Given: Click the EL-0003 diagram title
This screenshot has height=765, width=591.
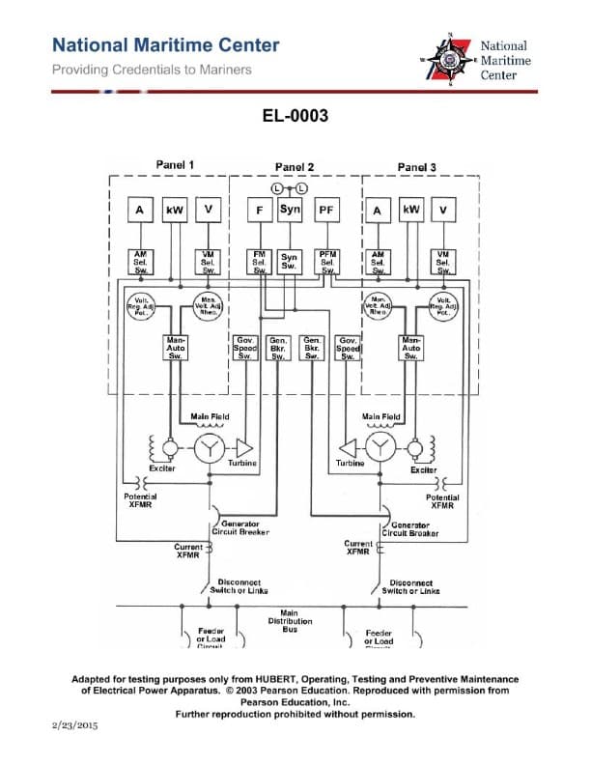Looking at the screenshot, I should [x=295, y=117].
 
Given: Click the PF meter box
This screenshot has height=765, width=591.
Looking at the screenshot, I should [x=325, y=210].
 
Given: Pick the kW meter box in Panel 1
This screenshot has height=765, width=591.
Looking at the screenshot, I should [x=175, y=210].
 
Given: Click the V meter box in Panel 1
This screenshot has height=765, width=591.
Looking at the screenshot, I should [x=208, y=210].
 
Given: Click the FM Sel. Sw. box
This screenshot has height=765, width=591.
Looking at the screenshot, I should [x=260, y=262].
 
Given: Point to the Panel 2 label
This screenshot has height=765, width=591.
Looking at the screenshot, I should [x=295, y=167].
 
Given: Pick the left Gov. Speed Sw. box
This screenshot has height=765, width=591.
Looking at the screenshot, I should [x=245, y=348].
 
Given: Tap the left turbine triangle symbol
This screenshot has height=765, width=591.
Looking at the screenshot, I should [x=243, y=447].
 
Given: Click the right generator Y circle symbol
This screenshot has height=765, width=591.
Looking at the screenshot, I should [x=383, y=447].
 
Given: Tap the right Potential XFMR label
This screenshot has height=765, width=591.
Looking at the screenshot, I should [x=442, y=501].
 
